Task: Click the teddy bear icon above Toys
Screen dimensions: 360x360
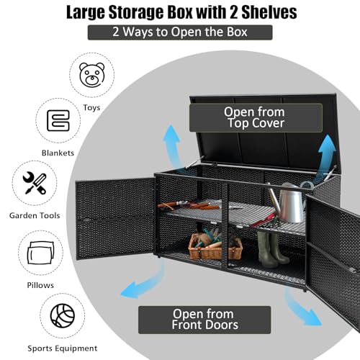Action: [92, 75]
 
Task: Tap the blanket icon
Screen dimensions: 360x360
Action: [58, 120]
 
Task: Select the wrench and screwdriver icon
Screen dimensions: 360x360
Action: [35, 183]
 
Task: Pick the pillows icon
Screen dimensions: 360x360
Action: [40, 253]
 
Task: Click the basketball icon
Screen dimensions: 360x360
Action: [63, 315]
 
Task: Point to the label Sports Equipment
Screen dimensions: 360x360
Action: [63, 348]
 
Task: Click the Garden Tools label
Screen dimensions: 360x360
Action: [35, 215]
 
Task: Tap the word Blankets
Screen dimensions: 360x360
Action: [58, 153]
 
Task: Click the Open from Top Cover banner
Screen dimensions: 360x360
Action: [256, 117]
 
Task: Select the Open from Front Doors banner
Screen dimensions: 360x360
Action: [204, 320]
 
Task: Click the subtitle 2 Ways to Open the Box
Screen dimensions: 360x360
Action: [180, 32]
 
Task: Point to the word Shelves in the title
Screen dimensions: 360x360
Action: [269, 12]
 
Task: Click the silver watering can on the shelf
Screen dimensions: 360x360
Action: [289, 203]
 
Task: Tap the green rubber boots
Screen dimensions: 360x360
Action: [272, 250]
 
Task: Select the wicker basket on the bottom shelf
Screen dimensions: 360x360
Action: [215, 247]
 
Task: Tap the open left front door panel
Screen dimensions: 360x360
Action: [115, 219]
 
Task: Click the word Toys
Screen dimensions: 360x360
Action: [91, 108]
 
